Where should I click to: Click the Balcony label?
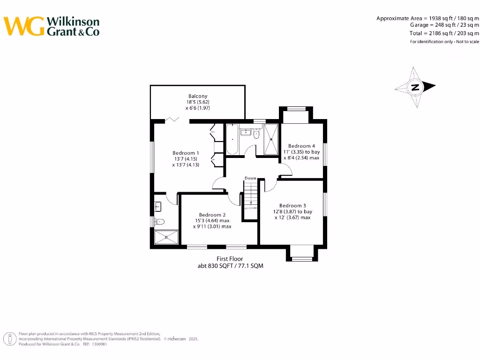197,96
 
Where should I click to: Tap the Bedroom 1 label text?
186,153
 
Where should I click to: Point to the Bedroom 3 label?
292,206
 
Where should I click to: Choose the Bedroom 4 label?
301,146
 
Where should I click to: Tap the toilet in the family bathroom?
256,135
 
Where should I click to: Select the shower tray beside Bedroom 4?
271,139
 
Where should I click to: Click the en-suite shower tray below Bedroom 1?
166,237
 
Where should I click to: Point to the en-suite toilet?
159,222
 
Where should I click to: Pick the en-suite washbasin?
157,205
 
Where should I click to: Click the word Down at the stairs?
250,178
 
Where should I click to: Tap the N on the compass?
415,87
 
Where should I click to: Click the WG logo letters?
24,26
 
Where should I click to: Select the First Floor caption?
230,259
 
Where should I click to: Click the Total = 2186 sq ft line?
444,33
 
